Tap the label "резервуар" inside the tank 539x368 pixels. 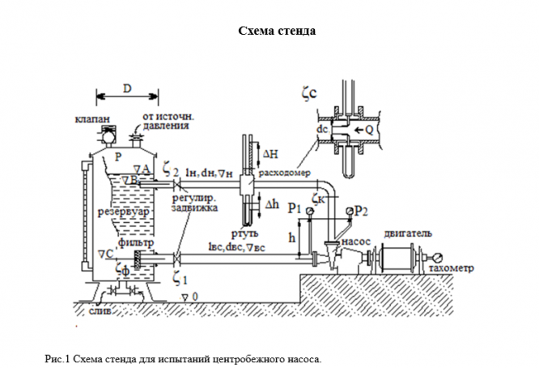(122, 212)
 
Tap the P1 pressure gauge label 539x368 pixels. (295, 208)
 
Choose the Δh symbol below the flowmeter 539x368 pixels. (271, 206)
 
